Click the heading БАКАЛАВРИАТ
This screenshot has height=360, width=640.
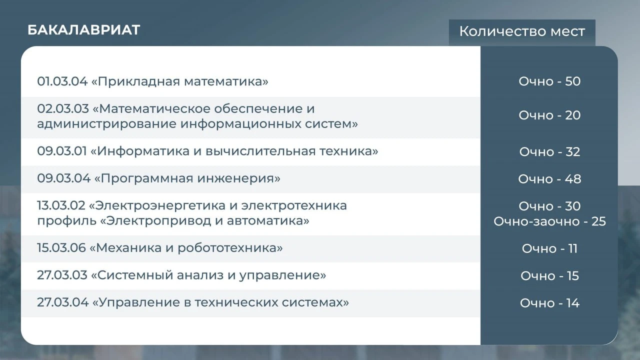pos(83,30)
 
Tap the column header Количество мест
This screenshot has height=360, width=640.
pos(522,31)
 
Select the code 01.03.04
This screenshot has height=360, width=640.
pos(62,81)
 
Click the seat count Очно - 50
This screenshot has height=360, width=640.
pos(549,81)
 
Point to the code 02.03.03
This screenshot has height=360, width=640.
pos(63,109)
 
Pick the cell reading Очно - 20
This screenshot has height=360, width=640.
pos(549,115)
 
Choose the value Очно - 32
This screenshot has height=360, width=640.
pos(549,151)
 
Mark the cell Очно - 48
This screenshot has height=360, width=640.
pos(549,179)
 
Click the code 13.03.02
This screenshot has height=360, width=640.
pos(61,205)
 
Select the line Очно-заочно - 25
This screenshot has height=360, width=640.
pos(549,221)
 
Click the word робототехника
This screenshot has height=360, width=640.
pos(227,248)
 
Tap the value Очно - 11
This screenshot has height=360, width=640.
pos(549,248)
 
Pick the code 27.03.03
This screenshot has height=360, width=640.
pos(62,275)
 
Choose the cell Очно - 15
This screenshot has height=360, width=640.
pos(549,276)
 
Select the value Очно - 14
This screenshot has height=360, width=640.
pos(549,303)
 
